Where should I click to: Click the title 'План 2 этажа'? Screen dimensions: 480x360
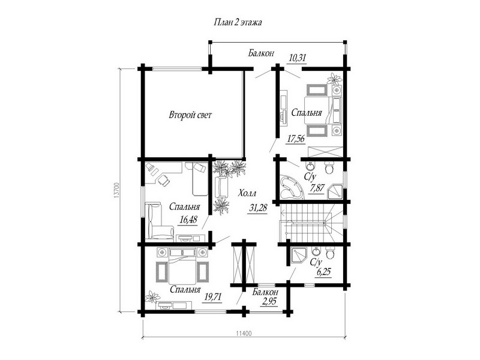pyautogui.click(x=238, y=23)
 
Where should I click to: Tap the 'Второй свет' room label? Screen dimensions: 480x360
pyautogui.click(x=190, y=115)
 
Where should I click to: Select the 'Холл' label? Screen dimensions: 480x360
pyautogui.click(x=247, y=194)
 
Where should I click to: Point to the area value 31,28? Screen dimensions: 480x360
pyautogui.click(x=259, y=208)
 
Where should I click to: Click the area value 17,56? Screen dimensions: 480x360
pyautogui.click(x=296, y=139)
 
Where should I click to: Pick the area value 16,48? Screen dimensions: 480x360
pyautogui.click(x=188, y=220)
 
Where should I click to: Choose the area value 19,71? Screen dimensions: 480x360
pyautogui.click(x=212, y=296)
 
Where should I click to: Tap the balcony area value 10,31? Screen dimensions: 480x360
pyautogui.click(x=298, y=58)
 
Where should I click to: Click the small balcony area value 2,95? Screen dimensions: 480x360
pyautogui.click(x=269, y=302)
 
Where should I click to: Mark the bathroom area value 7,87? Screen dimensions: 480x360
pyautogui.click(x=317, y=188)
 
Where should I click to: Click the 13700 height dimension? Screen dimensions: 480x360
pyautogui.click(x=116, y=190)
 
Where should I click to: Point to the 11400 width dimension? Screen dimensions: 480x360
pyautogui.click(x=244, y=334)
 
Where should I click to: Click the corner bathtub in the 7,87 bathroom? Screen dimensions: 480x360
pyautogui.click(x=290, y=187)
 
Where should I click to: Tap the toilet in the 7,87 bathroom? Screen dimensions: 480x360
pyautogui.click(x=329, y=168)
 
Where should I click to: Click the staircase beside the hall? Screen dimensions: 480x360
pyautogui.click(x=311, y=223)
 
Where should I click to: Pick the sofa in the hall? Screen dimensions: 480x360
pyautogui.click(x=221, y=187)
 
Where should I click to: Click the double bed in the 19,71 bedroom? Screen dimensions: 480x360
pyautogui.click(x=182, y=266)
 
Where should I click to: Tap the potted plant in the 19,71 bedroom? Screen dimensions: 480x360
pyautogui.click(x=153, y=296)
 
